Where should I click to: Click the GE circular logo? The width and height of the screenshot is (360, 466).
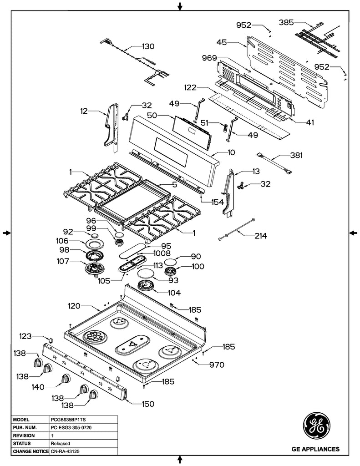pyautogui.click(x=315, y=425)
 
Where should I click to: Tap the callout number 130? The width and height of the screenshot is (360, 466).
pyautogui.click(x=148, y=46)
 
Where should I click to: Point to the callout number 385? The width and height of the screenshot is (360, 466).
pyautogui.click(x=286, y=21)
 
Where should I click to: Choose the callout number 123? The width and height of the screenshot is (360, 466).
pyautogui.click(x=26, y=336)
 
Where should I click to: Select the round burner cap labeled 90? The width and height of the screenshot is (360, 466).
pyautogui.click(x=171, y=262)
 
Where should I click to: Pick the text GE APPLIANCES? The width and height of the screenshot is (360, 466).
pyautogui.click(x=315, y=449)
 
